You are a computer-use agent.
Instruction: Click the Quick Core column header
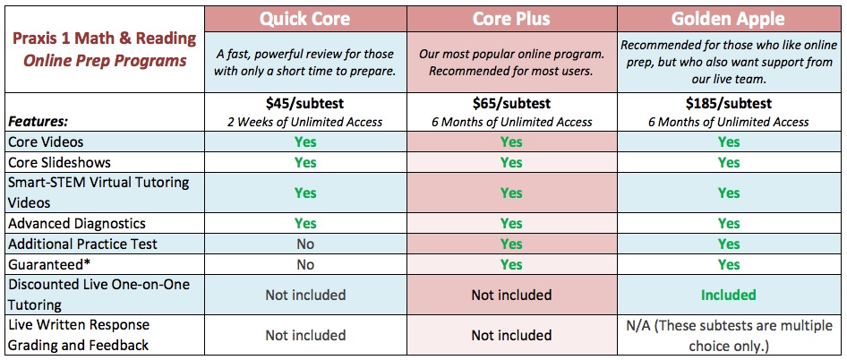(x=305, y=20)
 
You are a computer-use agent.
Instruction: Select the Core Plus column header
(x=511, y=20)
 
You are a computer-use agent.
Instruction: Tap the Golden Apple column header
(x=728, y=20)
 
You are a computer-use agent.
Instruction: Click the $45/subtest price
(x=305, y=103)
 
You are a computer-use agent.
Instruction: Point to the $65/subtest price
(x=511, y=103)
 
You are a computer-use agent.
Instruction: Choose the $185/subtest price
(x=729, y=103)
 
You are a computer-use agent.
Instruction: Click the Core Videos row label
(x=46, y=142)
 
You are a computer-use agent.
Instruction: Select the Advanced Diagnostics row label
(x=77, y=223)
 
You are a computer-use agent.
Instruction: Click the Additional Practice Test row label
(x=82, y=244)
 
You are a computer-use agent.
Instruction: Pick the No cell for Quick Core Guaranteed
(x=305, y=264)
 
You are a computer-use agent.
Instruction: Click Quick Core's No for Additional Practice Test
(x=305, y=244)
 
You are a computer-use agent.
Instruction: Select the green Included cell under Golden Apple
(x=728, y=295)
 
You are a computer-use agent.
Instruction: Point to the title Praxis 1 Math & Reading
(x=104, y=39)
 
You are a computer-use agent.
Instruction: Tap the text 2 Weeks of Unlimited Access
(x=305, y=122)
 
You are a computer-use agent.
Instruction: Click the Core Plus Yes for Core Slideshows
(x=511, y=163)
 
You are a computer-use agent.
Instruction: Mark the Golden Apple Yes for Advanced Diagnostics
(x=728, y=223)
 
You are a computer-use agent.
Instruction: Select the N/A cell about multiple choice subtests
(x=728, y=335)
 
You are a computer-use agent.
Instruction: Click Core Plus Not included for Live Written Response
(x=511, y=336)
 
